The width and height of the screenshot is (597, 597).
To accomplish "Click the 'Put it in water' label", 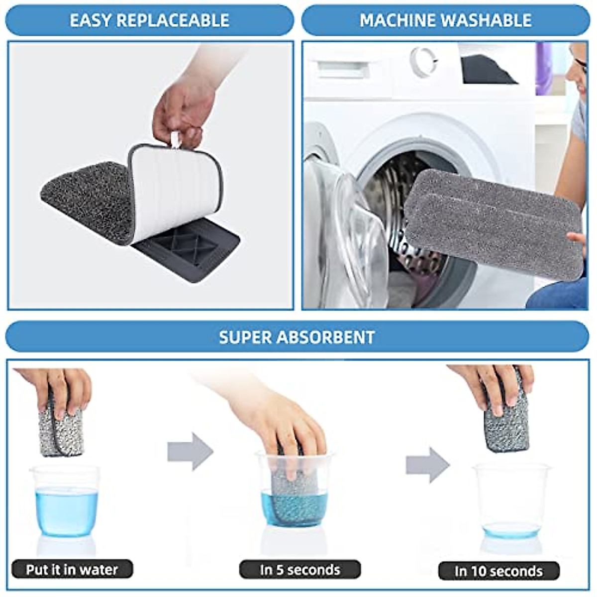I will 72,570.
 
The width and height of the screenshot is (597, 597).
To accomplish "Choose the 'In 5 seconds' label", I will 300,570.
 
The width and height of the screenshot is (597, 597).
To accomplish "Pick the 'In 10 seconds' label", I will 498,571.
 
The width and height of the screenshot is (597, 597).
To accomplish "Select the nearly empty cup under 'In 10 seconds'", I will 511,502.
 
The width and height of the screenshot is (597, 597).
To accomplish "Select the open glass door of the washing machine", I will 343,234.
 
